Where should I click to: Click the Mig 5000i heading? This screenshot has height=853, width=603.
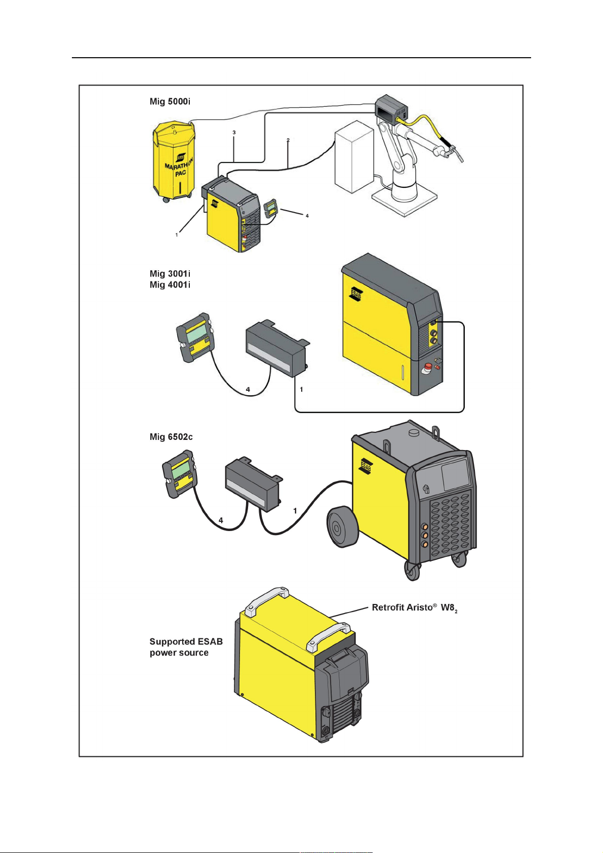click(x=170, y=102)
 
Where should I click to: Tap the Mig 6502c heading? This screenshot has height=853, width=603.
click(x=171, y=437)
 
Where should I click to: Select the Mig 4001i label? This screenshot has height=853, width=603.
click(x=170, y=285)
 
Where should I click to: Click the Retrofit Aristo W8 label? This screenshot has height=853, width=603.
click(x=415, y=608)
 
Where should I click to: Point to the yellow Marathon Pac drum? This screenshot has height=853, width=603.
click(x=174, y=160)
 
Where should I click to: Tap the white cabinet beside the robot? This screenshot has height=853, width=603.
click(x=353, y=157)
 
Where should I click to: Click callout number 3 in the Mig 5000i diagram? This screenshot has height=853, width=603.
click(x=234, y=133)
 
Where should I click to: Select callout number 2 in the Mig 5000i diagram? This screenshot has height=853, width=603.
click(x=288, y=140)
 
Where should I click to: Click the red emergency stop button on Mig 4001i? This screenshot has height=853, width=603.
click(x=427, y=368)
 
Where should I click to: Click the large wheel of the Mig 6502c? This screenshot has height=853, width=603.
click(x=342, y=527)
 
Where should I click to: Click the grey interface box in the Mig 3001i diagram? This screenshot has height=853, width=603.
click(x=277, y=348)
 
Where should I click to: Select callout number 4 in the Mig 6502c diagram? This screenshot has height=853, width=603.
click(x=221, y=520)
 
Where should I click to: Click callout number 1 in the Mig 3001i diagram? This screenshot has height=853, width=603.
click(x=301, y=390)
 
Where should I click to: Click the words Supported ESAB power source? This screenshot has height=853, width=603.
click(x=186, y=647)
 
